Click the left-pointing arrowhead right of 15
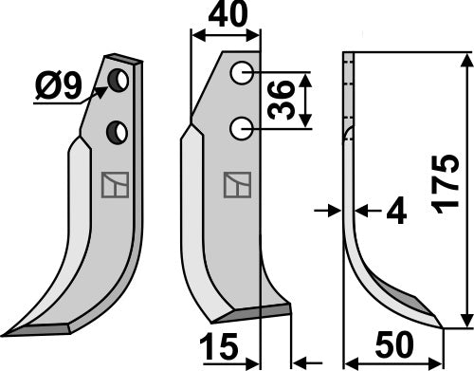tap(301, 362)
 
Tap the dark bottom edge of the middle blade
tap(256, 310)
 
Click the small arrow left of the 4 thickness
tap(332, 209)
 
